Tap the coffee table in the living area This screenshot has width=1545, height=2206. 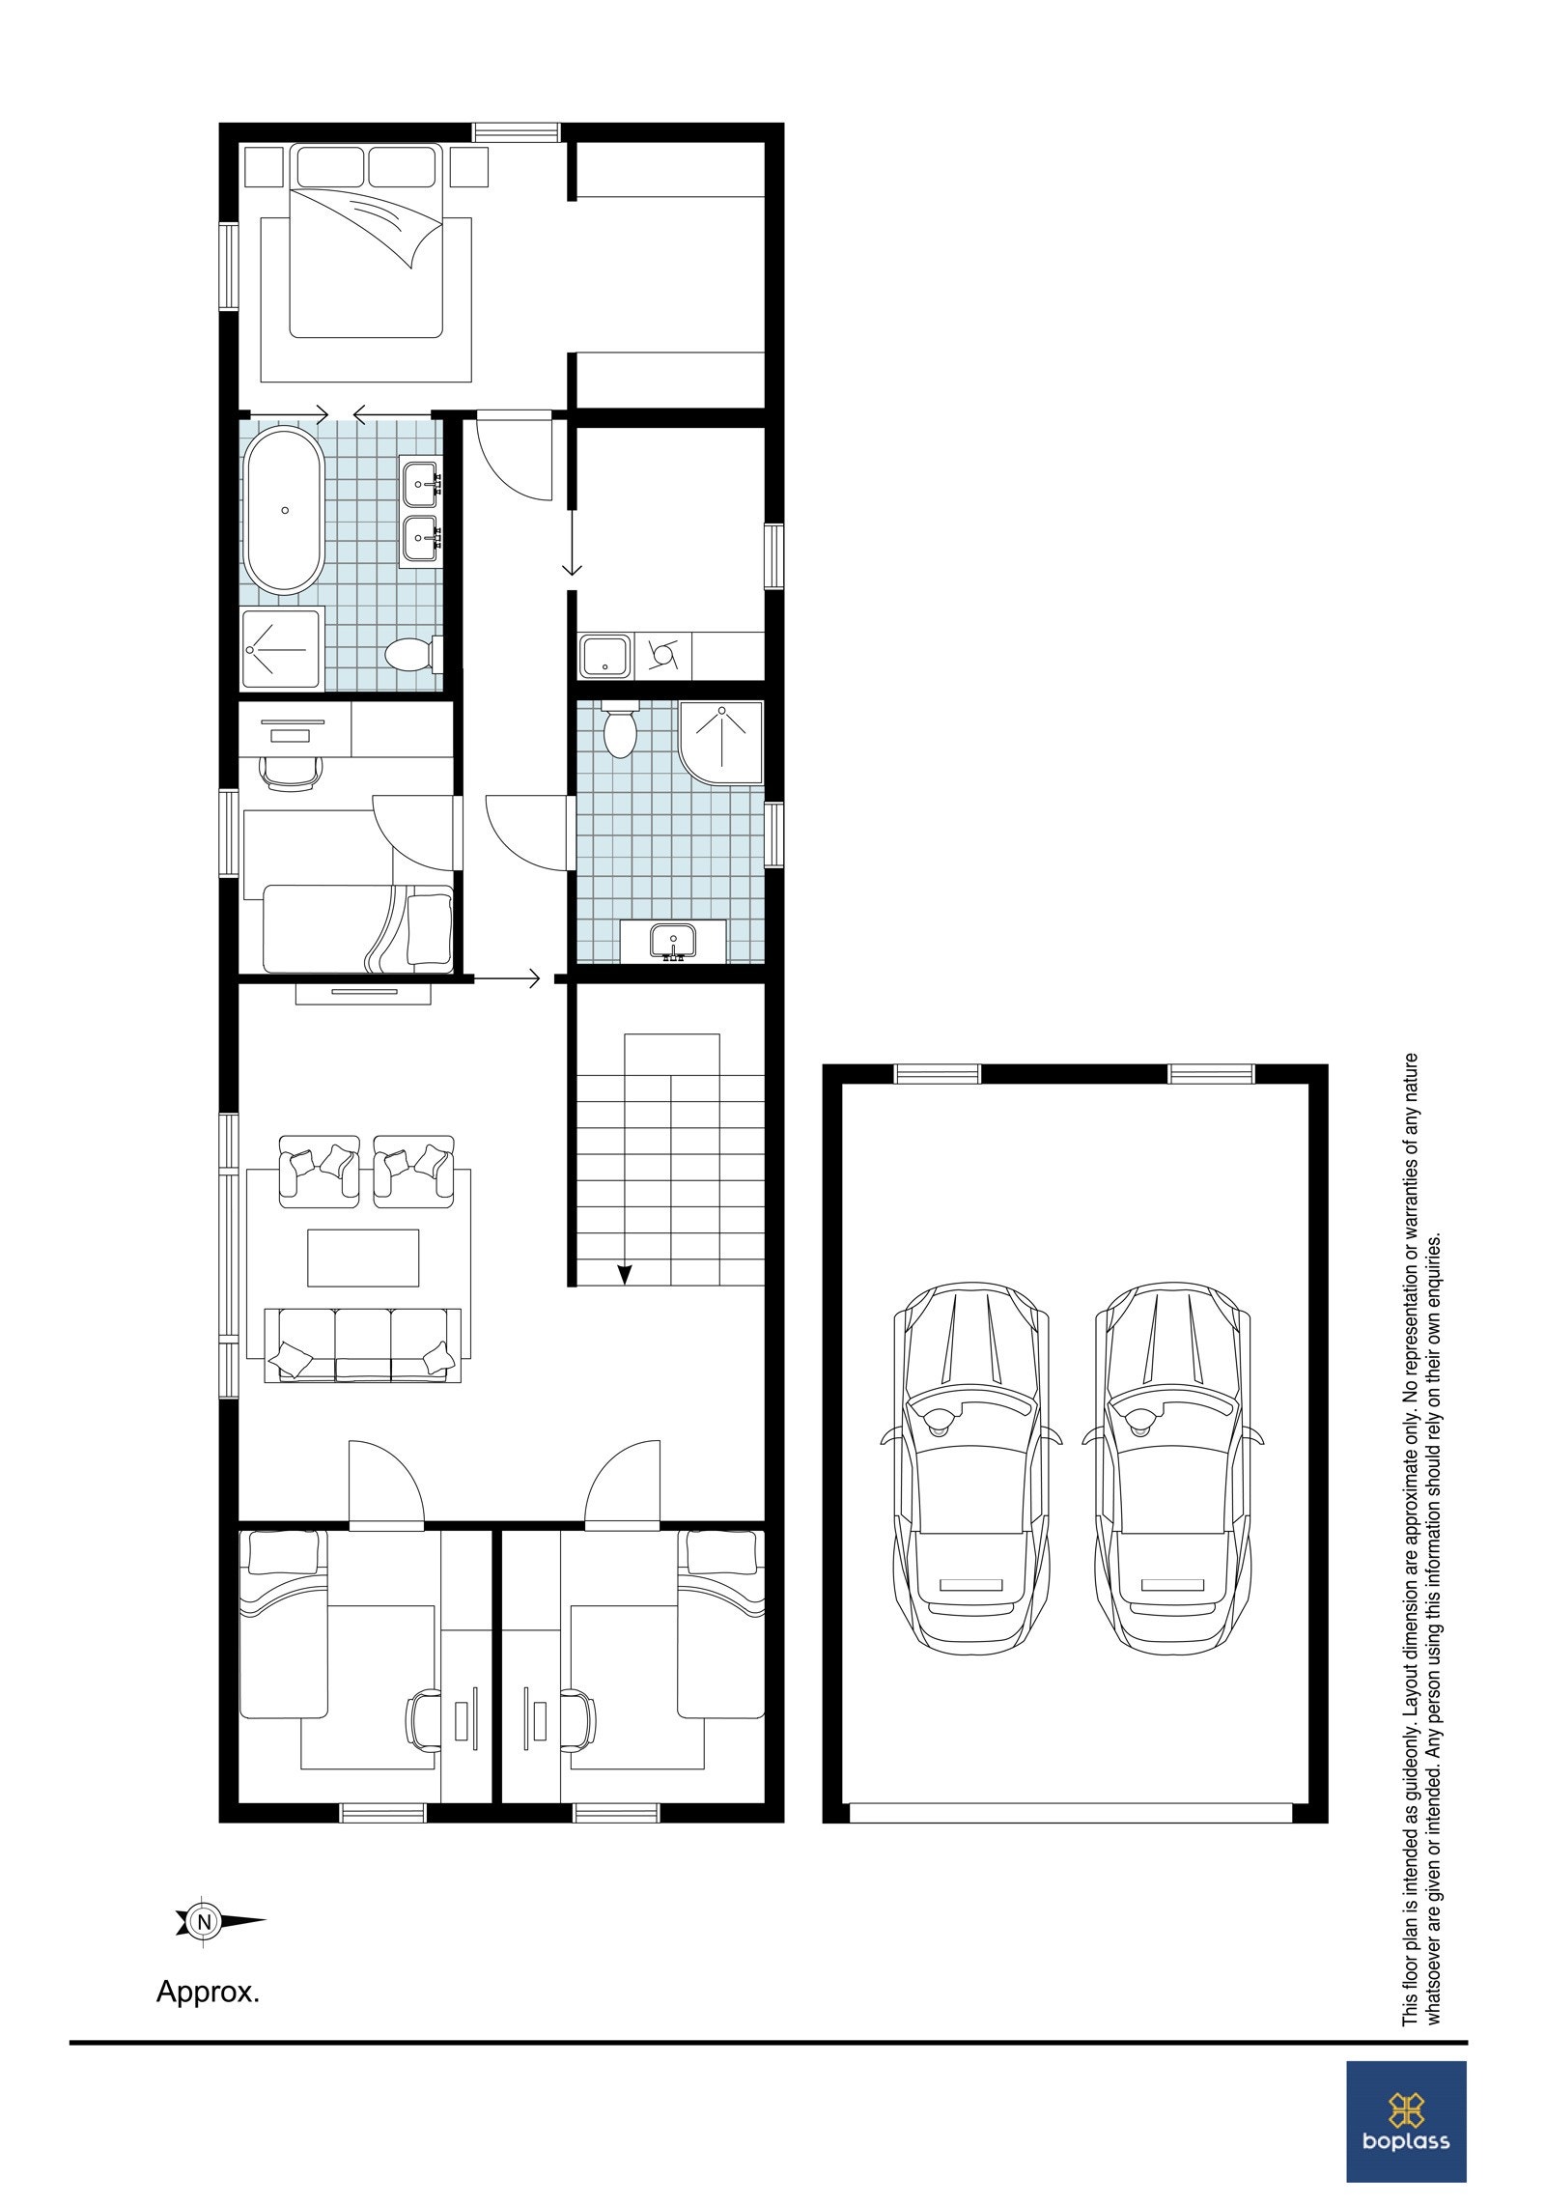tap(363, 1258)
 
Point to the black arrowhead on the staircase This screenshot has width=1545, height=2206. tap(624, 1274)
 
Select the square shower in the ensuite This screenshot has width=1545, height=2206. tap(281, 648)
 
